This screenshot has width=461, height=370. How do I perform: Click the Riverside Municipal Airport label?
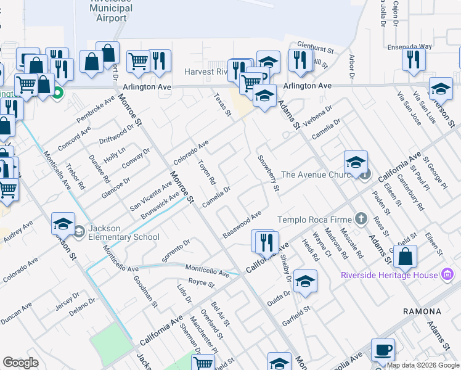tap(111, 10)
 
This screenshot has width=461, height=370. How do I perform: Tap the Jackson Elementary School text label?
tap(123, 232)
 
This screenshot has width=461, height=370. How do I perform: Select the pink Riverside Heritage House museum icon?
tap(449, 273)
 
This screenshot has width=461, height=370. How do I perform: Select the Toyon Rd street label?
tap(206, 172)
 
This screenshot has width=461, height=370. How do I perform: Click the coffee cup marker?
tap(383, 350)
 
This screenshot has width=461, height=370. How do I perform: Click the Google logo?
tap(21, 363)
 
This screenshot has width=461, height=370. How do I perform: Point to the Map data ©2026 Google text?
tap(423, 365)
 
